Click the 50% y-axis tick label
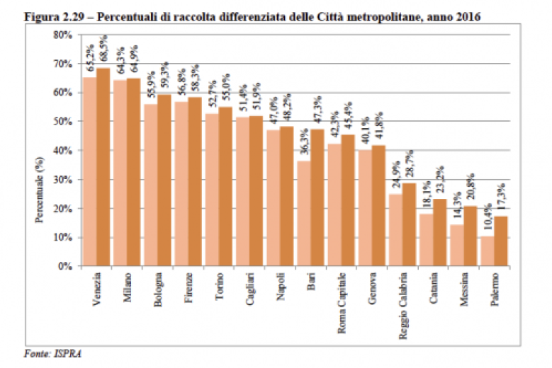point(63,122)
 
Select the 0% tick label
point(66,267)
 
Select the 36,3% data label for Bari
point(303,146)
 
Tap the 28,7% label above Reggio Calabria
point(410,169)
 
